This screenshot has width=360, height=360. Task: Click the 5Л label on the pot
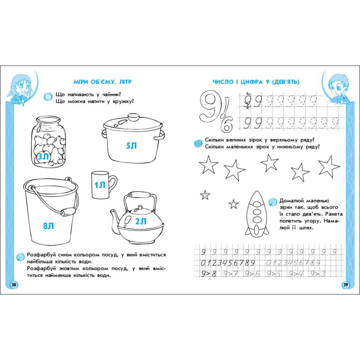pyautogui.click(x=131, y=145)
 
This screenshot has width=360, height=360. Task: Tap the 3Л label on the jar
pyautogui.click(x=43, y=156)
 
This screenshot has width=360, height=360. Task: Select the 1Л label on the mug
pyautogui.click(x=100, y=185)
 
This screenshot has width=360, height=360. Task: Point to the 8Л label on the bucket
pyautogui.click(x=48, y=226)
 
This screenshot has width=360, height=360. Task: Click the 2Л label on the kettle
pyautogui.click(x=140, y=221)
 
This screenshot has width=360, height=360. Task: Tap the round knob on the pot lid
pyautogui.click(x=133, y=117)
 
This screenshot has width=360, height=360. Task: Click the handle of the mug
pyautogui.click(x=112, y=184)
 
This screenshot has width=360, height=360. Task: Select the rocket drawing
pyautogui.click(x=256, y=214)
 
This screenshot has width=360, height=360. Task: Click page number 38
pyautogui.click(x=14, y=285)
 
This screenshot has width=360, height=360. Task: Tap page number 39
pyautogui.click(x=345, y=285)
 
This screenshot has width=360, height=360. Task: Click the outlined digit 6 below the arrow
pyautogui.click(x=227, y=124)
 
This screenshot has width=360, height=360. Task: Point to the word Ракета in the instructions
pyautogui.click(x=331, y=214)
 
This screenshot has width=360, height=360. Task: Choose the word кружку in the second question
pyautogui.click(x=123, y=101)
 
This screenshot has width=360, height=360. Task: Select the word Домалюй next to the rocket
pyautogui.click(x=291, y=201)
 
